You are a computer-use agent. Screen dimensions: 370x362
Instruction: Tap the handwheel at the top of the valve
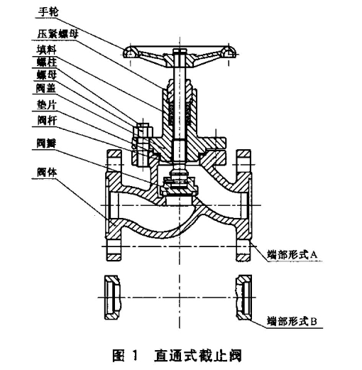(x=178, y=52)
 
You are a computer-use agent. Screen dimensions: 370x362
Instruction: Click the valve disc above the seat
(x=178, y=186)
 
